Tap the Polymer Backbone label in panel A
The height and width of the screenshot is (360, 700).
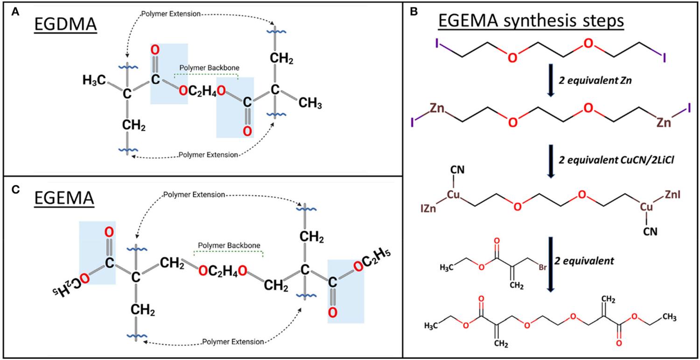click(x=205, y=68)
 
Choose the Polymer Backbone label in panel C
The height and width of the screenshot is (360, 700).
click(x=229, y=245)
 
